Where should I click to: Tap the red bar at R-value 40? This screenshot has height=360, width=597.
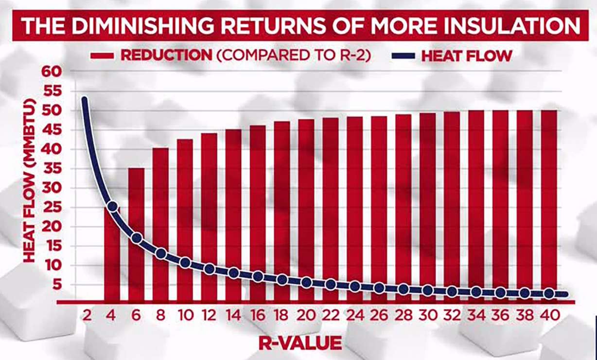549,195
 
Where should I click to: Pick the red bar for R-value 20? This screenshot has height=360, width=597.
306,195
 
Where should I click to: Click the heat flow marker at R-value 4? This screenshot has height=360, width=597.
112,207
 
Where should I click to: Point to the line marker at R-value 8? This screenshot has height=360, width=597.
161,253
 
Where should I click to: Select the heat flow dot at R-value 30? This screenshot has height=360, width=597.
428,290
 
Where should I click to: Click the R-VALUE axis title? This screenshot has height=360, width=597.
300,343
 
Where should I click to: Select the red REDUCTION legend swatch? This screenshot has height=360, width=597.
103,55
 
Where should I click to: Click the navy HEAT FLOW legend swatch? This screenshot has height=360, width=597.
403,55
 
